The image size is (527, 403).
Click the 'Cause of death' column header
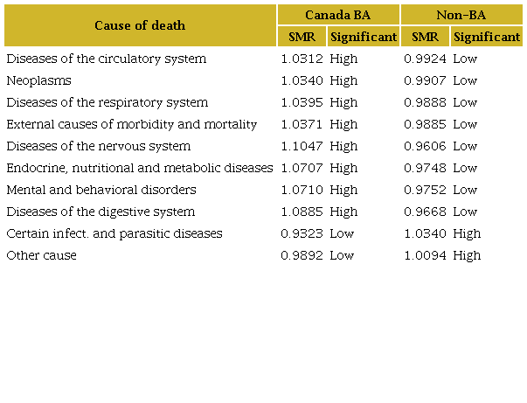140,25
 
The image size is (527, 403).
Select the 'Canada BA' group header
338,15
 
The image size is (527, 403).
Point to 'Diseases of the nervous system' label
98,146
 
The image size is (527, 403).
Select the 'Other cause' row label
41,255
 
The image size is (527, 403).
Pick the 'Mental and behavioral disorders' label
101,190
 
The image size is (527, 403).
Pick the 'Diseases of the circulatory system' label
106,59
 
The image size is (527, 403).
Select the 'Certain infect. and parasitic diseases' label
114,233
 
